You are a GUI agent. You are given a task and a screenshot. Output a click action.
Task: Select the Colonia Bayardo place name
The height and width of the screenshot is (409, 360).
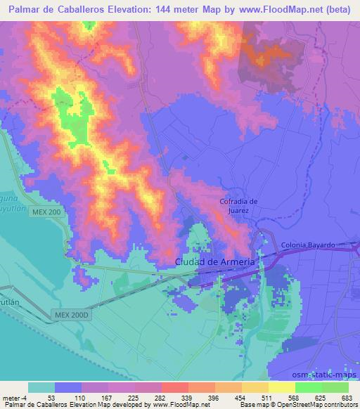pos(307,245)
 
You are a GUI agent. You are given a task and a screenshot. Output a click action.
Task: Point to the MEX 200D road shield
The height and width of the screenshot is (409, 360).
pos(70,316)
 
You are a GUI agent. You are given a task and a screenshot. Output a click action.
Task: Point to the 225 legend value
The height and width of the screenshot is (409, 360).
pos(134,397)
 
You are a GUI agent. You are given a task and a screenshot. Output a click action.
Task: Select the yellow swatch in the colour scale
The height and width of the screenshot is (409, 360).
pos(282,387)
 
